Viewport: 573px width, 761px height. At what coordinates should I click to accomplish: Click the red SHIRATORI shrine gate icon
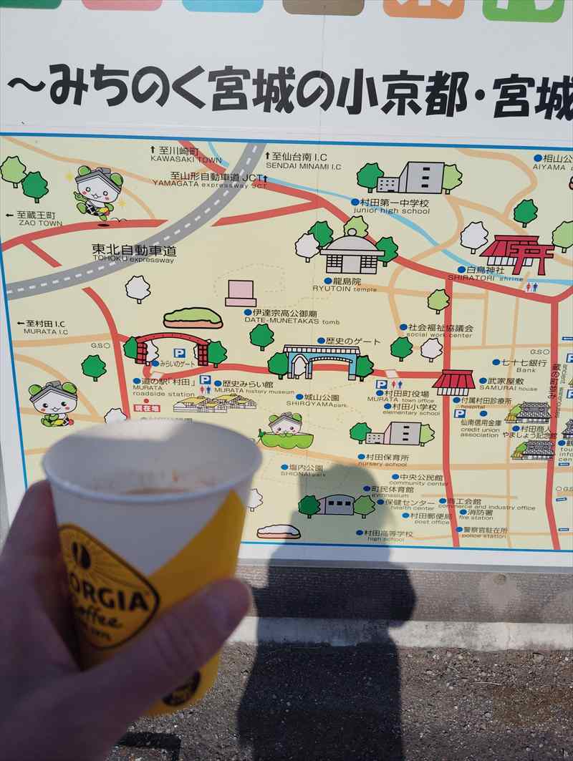[x=518, y=253]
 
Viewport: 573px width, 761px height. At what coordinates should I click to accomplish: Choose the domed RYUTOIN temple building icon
[x=351, y=252]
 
